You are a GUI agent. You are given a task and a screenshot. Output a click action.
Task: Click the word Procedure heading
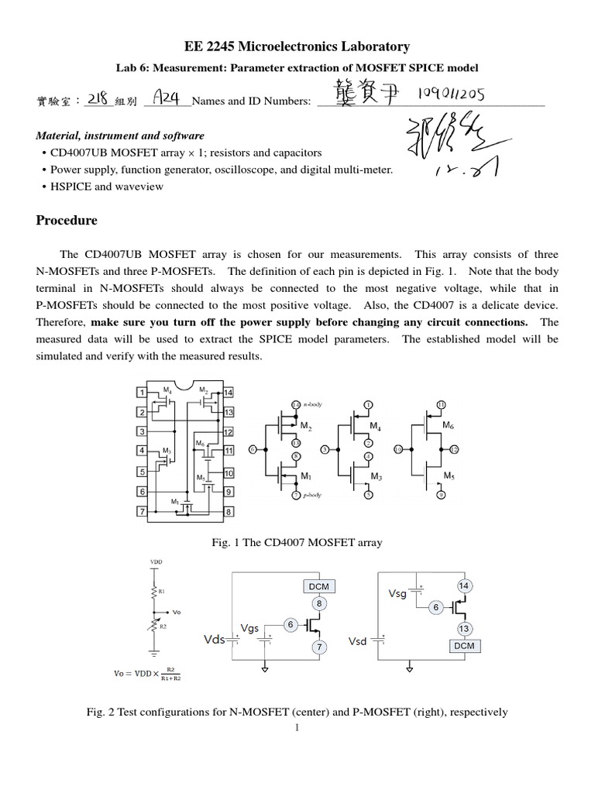tap(67, 220)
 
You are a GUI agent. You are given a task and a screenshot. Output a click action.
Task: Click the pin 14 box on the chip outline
tap(228, 393)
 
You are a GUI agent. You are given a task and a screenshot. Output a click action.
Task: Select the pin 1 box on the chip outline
tap(142, 393)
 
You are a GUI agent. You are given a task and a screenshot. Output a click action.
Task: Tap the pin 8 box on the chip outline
tap(228, 511)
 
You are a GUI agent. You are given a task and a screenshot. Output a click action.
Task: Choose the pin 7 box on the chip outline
tap(142, 511)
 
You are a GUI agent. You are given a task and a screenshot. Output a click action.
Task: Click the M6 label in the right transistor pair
tap(449, 425)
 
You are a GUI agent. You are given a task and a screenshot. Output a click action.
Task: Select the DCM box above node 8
tap(318, 586)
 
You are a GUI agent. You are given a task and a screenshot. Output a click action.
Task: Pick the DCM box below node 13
tap(464, 644)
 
